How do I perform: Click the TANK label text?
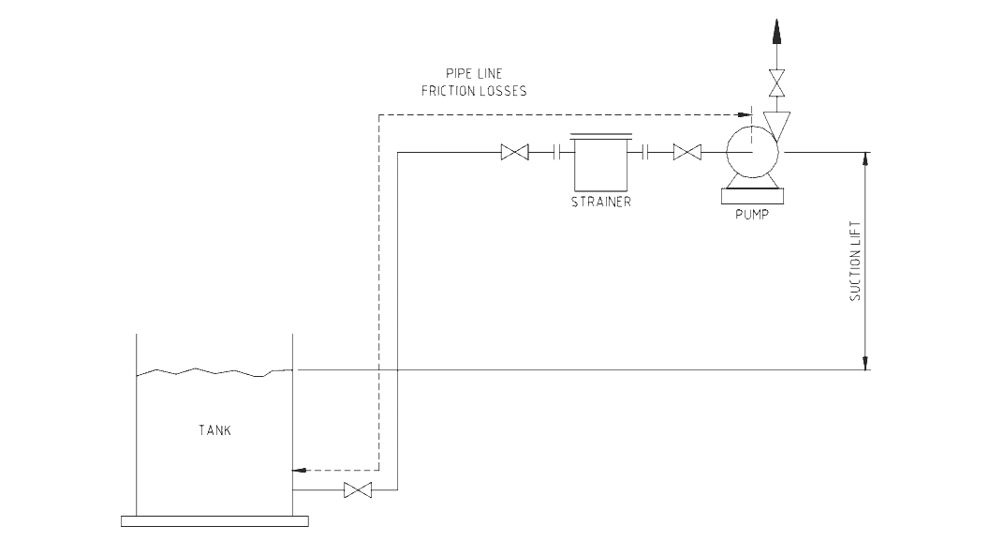click(214, 431)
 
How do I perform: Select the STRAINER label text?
click(600, 202)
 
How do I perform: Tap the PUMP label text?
click(752, 214)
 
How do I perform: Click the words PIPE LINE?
click(474, 73)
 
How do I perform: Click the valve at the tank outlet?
click(358, 490)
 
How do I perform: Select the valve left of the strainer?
click(515, 152)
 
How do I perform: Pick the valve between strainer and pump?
click(687, 152)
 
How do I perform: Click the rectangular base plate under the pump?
click(752, 195)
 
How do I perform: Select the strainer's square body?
click(600, 165)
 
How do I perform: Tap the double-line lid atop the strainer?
click(600, 134)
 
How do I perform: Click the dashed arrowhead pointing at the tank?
click(301, 469)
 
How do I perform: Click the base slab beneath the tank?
click(214, 520)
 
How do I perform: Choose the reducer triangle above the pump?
click(776, 121)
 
